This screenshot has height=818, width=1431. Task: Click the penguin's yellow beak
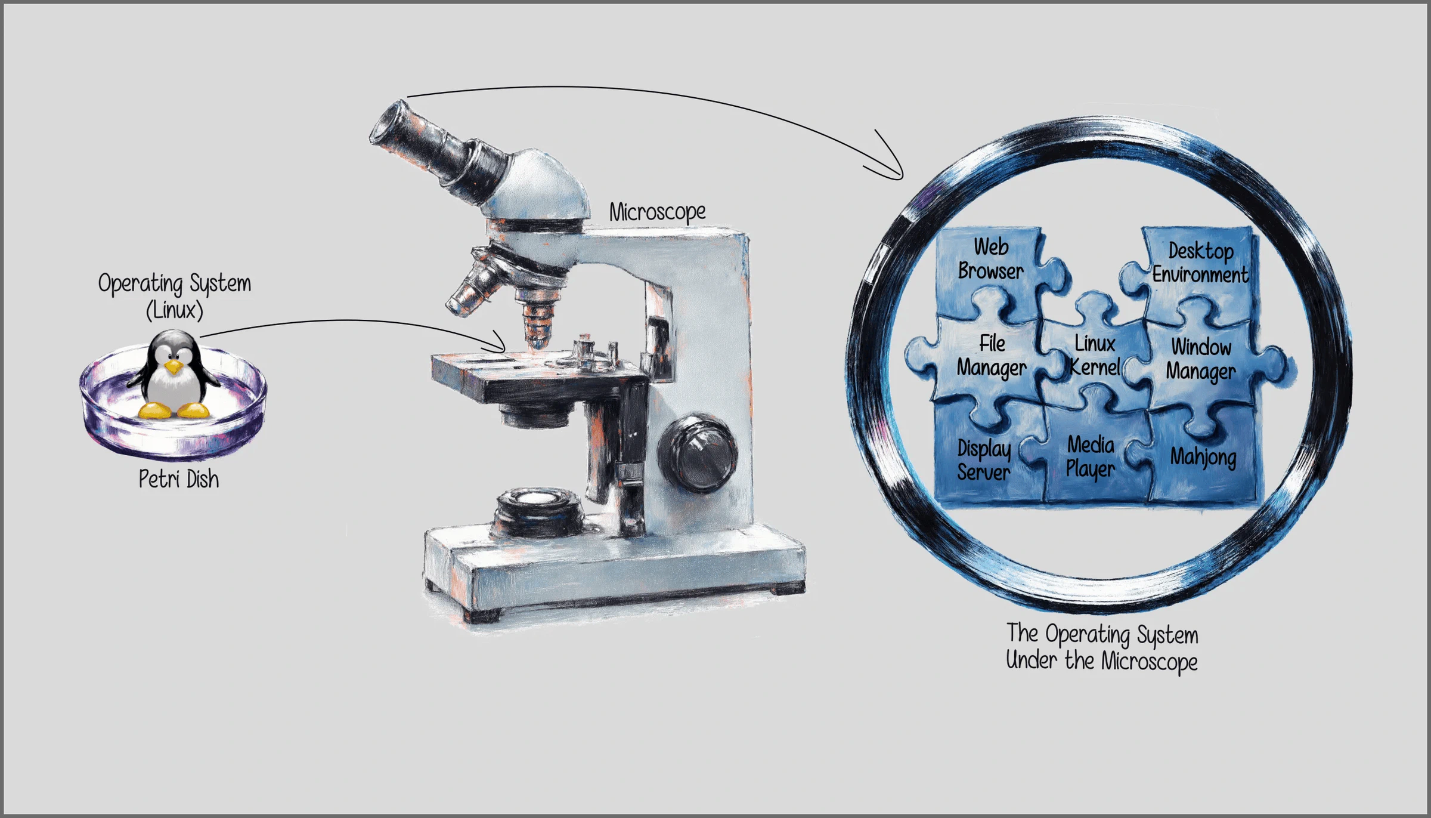point(174,366)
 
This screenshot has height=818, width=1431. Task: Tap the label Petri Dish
point(179,479)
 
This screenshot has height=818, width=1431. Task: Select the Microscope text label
point(657,212)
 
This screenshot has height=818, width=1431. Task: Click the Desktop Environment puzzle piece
point(1198,268)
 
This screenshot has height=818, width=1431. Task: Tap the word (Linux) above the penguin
point(175,310)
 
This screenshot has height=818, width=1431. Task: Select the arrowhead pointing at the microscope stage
point(498,343)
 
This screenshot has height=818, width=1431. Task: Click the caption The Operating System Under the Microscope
point(1102,647)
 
